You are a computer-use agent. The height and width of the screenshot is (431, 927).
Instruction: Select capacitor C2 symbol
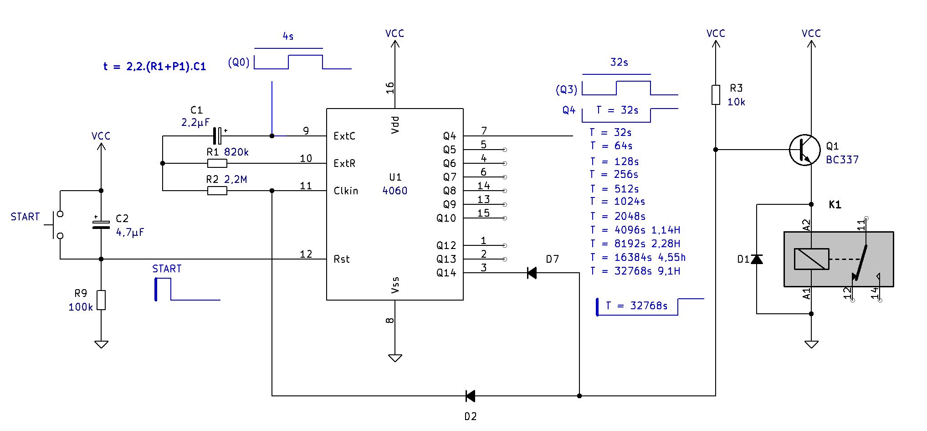click(101, 224)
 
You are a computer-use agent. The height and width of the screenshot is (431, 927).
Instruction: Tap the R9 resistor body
click(101, 300)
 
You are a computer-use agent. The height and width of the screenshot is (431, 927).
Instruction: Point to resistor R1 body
click(217, 163)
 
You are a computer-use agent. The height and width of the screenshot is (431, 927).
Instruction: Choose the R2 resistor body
click(217, 191)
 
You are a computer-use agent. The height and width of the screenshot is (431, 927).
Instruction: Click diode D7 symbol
click(532, 273)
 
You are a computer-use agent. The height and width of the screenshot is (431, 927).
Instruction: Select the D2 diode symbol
click(470, 396)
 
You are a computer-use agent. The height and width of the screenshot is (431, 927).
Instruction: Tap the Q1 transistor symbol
click(805, 150)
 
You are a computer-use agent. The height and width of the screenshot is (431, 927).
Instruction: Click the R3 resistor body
click(716, 95)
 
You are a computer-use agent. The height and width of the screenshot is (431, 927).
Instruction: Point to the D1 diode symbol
click(757, 259)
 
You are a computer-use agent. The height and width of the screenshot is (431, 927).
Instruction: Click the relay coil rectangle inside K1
click(811, 259)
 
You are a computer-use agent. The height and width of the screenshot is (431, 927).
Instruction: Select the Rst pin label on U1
click(342, 259)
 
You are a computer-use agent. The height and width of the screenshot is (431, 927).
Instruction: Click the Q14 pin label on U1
click(446, 273)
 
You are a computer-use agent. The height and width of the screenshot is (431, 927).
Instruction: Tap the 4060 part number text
click(395, 191)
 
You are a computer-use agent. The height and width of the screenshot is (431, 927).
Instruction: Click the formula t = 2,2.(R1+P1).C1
click(154, 67)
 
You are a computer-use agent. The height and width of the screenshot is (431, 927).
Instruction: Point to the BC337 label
click(842, 160)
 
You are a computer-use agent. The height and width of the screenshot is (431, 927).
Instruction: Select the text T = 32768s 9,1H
click(635, 271)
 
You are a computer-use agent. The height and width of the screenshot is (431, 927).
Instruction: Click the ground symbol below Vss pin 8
click(395, 358)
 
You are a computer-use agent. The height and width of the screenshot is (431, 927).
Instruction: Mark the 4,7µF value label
click(130, 232)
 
